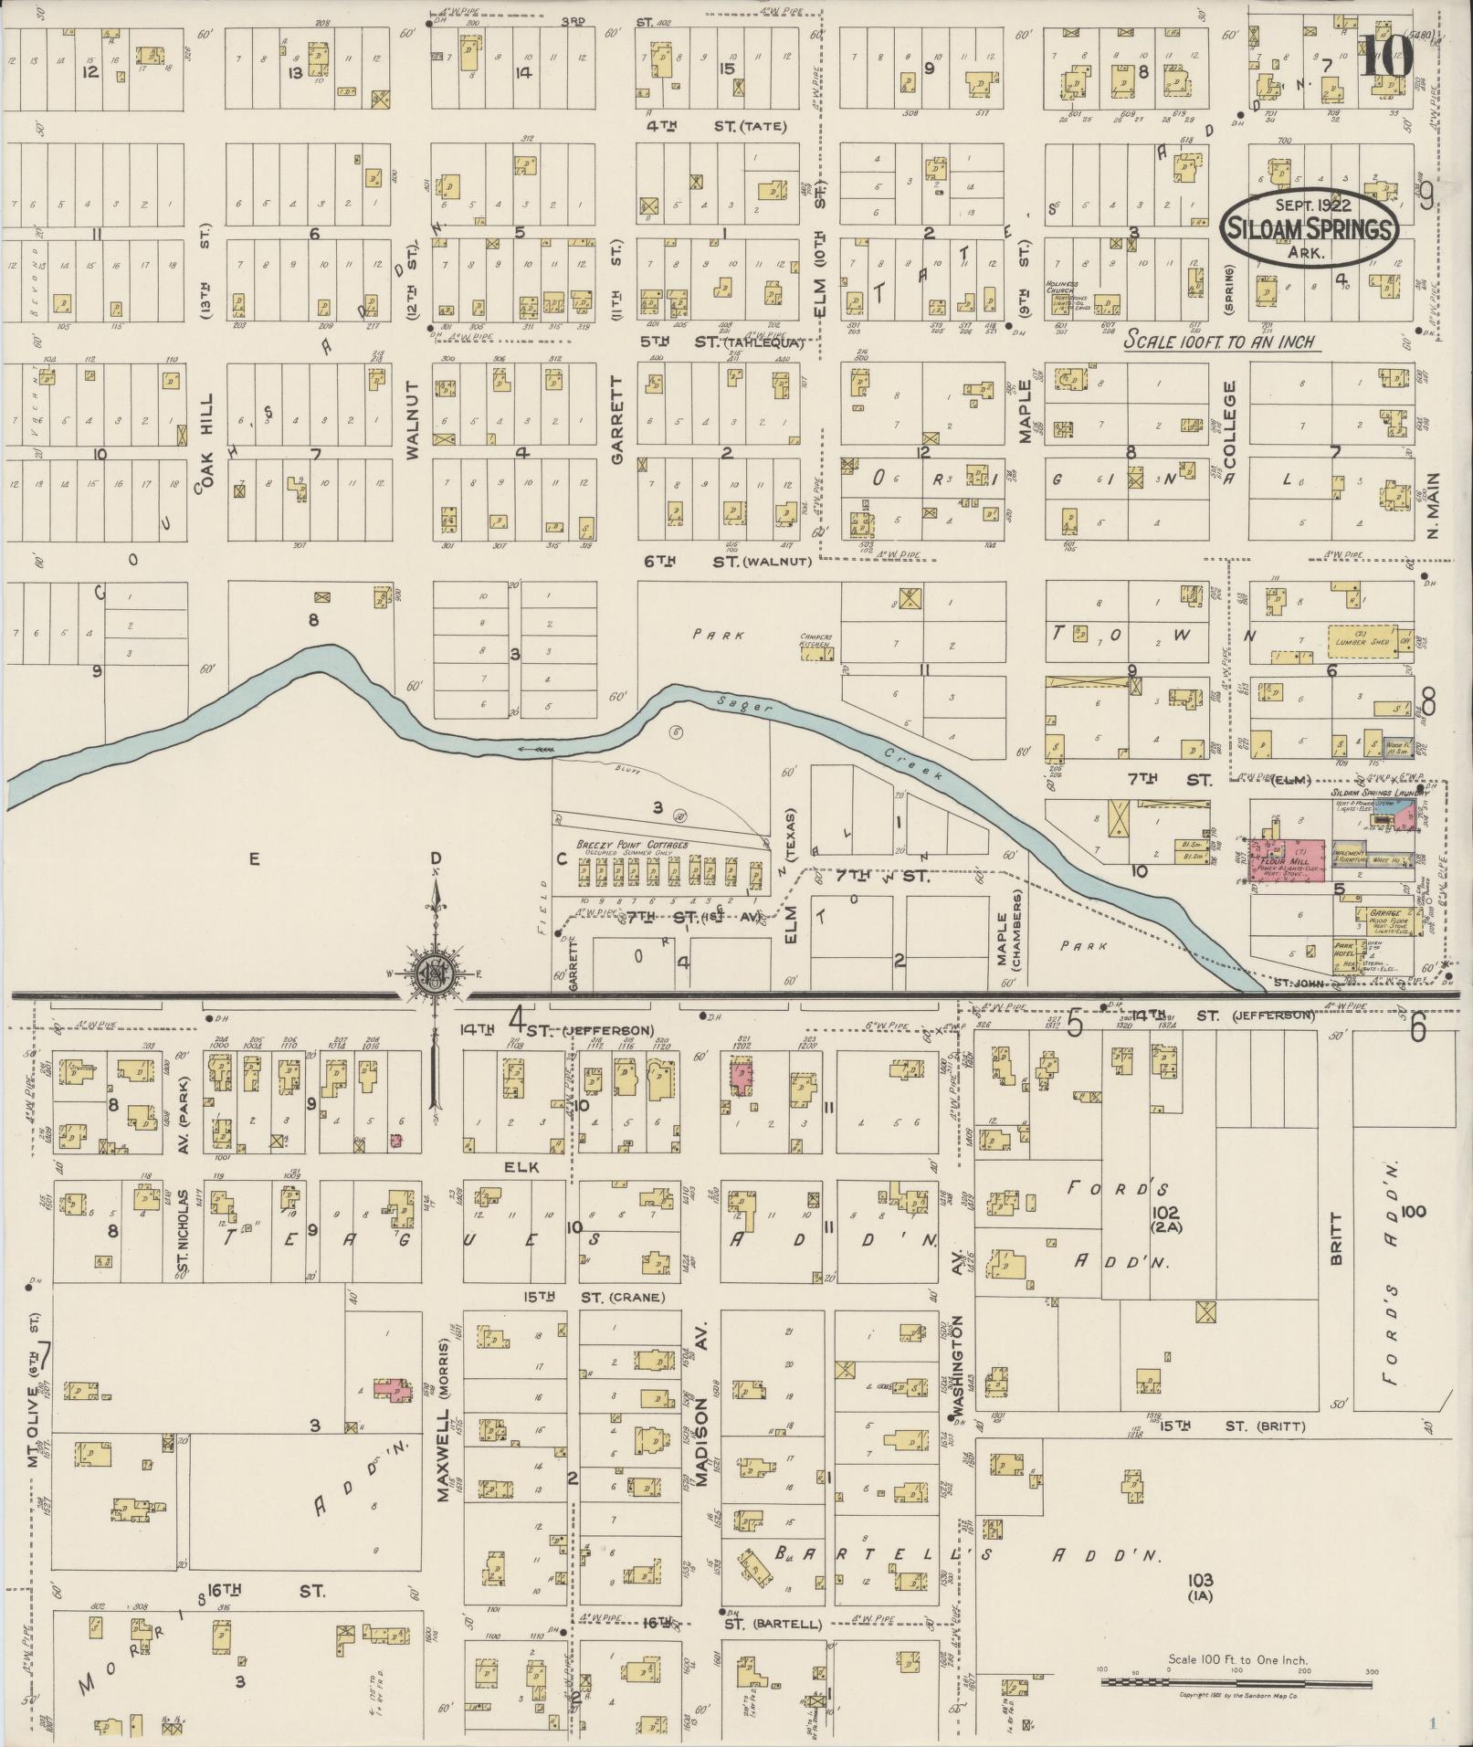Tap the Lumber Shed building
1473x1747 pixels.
pos(1362,638)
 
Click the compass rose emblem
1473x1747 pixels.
pos(435,974)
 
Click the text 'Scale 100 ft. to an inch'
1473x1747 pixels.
pos(1219,342)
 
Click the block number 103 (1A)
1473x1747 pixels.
pos(1201,1587)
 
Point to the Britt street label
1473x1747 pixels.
pos(1335,1237)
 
